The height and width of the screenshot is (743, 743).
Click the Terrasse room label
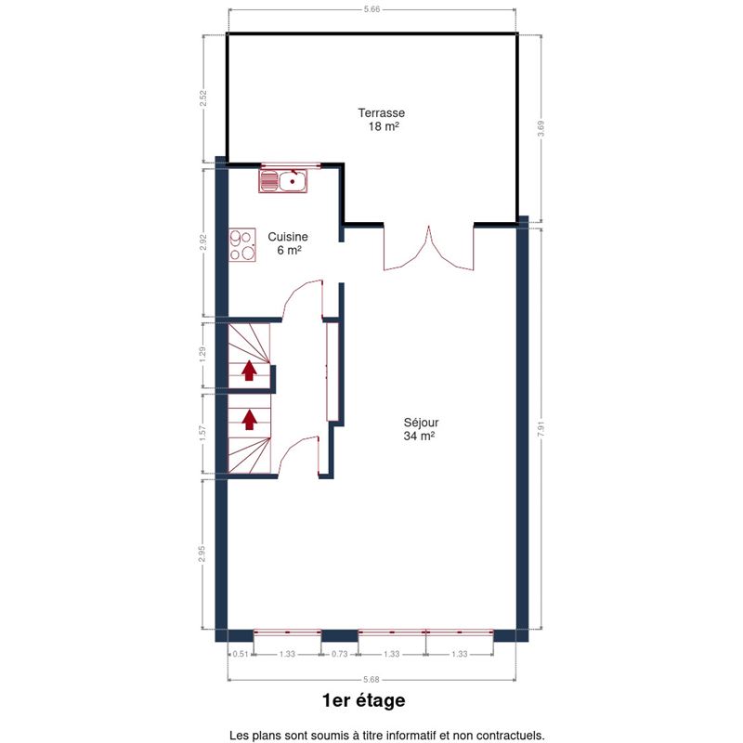382,120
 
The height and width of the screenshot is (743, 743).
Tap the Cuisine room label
288,243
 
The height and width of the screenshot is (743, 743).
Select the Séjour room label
421,429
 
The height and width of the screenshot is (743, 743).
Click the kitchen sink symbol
283,181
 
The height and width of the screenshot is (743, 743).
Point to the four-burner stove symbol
242,245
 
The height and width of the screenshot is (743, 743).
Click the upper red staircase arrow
249,371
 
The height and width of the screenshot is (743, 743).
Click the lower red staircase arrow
250,420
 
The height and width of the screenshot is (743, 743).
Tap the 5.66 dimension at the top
372,9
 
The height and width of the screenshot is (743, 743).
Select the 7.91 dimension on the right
541,429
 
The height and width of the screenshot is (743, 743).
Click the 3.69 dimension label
541,128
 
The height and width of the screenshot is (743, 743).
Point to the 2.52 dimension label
203,98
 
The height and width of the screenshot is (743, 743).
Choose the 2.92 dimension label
203,242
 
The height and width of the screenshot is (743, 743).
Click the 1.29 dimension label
203,355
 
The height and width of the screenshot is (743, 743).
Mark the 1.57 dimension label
203,433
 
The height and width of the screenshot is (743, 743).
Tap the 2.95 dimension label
202,554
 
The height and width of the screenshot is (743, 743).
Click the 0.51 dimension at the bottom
241,654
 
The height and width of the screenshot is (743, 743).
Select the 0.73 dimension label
339,654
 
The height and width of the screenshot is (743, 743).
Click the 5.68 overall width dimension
371,680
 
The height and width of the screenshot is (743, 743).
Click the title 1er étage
364,700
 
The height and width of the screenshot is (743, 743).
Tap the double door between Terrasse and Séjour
429,248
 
